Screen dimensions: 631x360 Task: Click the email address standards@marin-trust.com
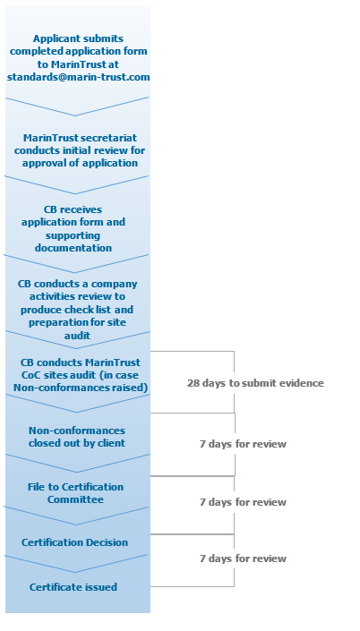(x=78, y=77)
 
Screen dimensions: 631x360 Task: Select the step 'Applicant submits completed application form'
(x=78, y=52)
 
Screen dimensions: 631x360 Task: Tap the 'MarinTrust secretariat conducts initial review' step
(x=78, y=150)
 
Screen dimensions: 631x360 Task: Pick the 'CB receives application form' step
(x=78, y=228)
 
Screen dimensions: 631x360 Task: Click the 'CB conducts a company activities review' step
(x=78, y=309)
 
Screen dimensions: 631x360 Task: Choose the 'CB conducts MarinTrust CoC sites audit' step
(x=78, y=375)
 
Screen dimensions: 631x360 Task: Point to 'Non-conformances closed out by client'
(x=78, y=436)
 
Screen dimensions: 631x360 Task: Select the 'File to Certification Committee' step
(x=78, y=492)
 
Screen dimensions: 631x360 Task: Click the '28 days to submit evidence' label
(x=255, y=383)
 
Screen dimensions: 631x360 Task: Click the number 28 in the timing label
(x=193, y=383)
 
